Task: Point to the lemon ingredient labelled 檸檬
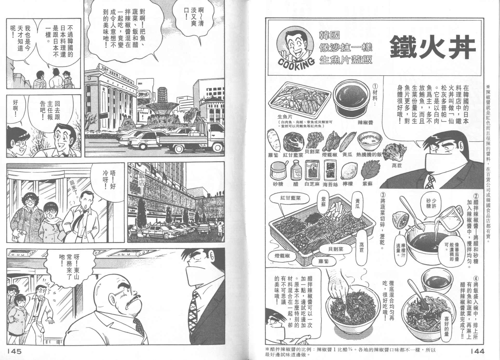click(349, 171)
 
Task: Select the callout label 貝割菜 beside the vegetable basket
click(335, 249)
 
